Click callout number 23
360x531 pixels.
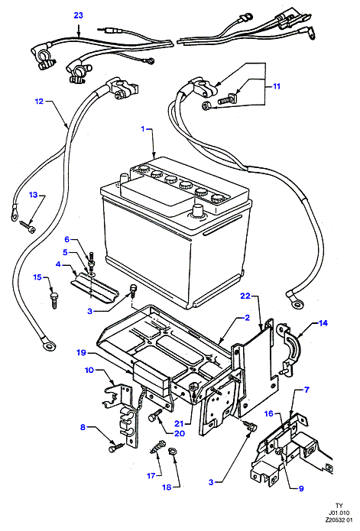(x=78, y=15)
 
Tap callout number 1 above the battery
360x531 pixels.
(x=143, y=129)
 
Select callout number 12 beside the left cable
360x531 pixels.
(x=39, y=101)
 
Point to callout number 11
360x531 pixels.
(x=277, y=86)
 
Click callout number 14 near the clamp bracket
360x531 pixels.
(x=323, y=323)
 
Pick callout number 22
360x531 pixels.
(x=245, y=296)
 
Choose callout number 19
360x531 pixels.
(x=81, y=353)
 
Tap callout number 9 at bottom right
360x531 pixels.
(x=301, y=488)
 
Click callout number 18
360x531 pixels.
(x=167, y=487)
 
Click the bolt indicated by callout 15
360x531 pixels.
(x=54, y=300)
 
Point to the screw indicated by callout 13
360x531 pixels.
(x=27, y=226)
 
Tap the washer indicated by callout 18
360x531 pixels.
(x=173, y=452)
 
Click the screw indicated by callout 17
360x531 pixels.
(x=157, y=446)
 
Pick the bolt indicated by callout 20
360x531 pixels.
(x=155, y=415)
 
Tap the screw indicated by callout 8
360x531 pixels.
(x=116, y=448)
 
